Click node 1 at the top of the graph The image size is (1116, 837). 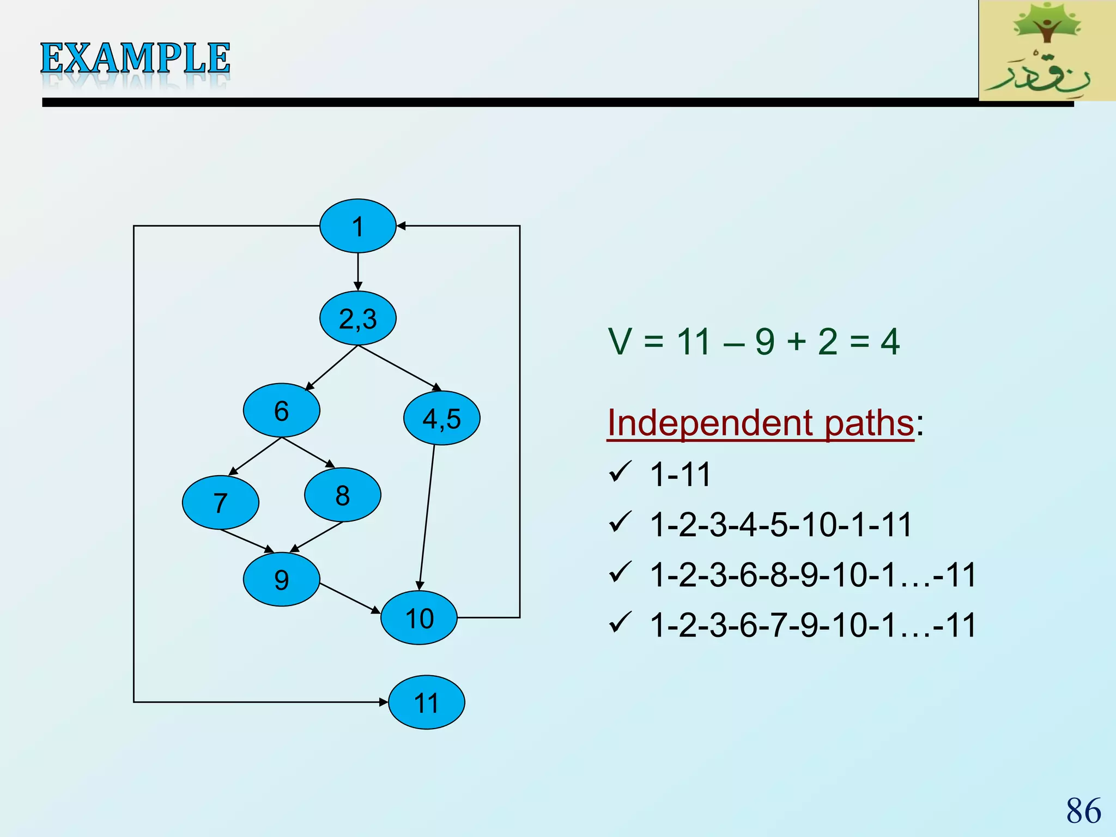[x=357, y=226]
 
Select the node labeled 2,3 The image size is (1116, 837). [x=357, y=318]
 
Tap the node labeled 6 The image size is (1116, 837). [x=281, y=410]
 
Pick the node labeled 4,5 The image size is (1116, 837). [x=441, y=418]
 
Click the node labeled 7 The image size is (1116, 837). [x=220, y=502]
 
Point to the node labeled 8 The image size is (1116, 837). [x=342, y=495]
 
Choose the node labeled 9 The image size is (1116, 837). [x=281, y=579]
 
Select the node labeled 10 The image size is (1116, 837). [x=419, y=618]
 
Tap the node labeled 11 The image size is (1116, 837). [x=426, y=702]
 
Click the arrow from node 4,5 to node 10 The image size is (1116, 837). [x=427, y=518]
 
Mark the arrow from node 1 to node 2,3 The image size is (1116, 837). [x=357, y=271]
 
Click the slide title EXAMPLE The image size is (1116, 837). [x=135, y=59]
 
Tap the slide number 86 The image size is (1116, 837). [x=1083, y=810]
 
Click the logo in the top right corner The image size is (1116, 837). [x=1046, y=50]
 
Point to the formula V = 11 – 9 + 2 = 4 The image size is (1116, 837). [x=753, y=342]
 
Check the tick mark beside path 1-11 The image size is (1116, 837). [x=620, y=472]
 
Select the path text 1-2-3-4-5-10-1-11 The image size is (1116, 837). [x=780, y=525]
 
